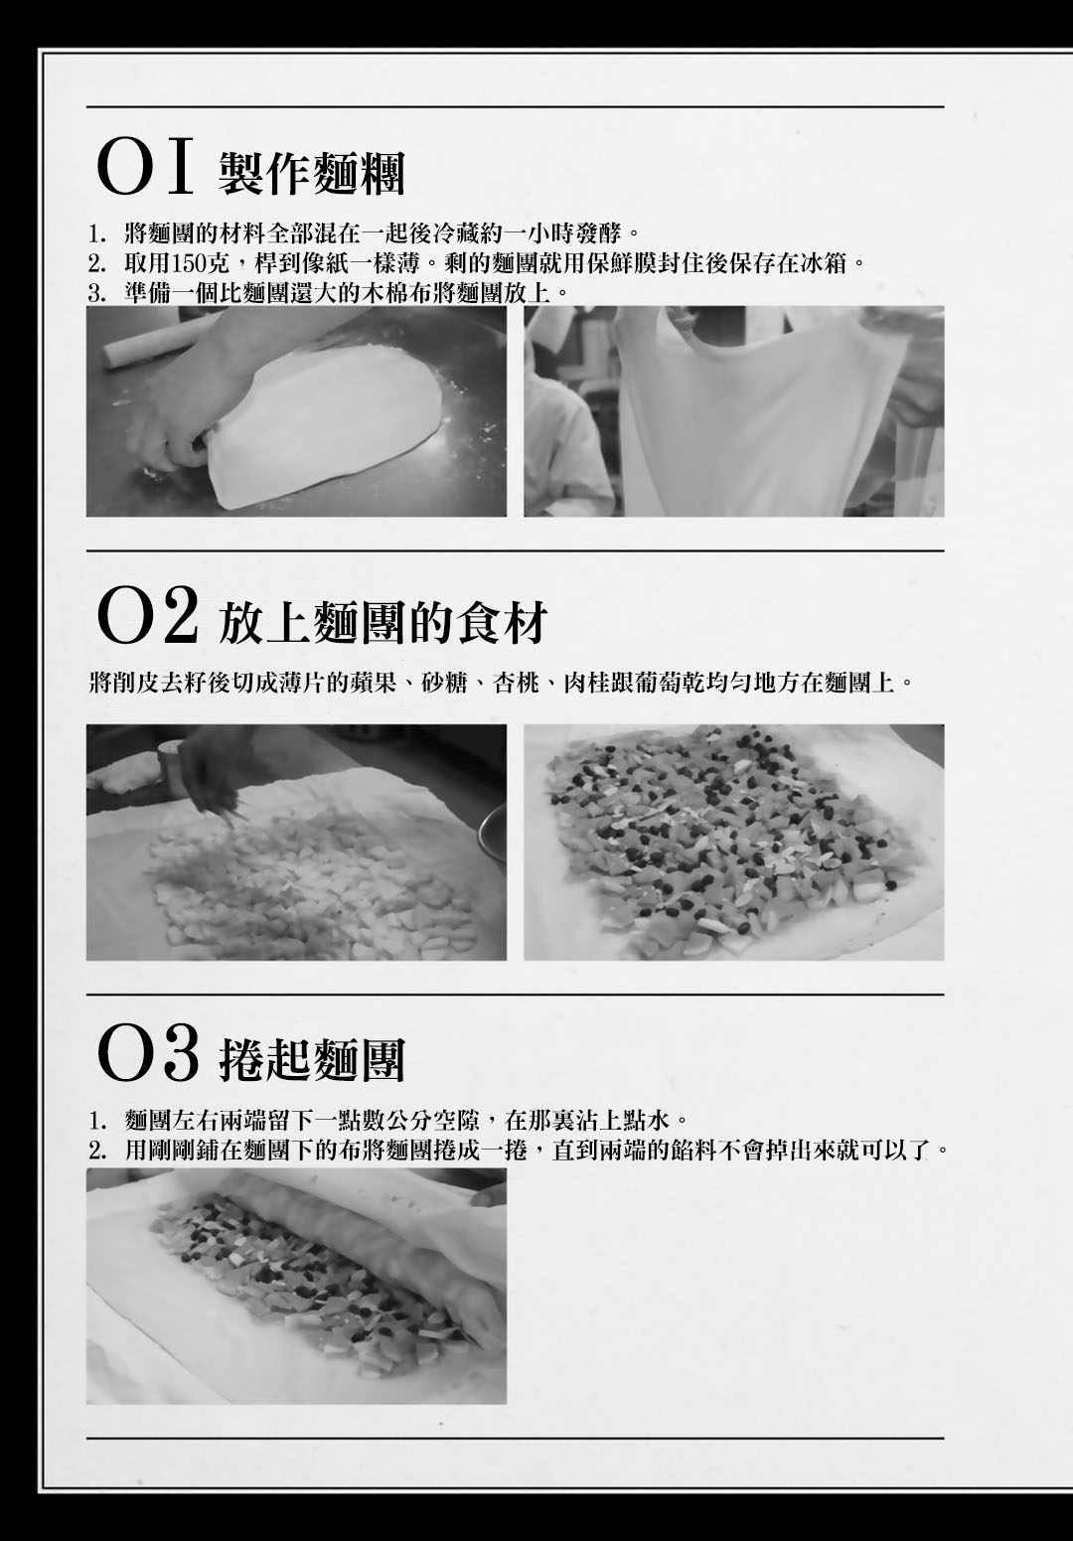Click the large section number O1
point(145,168)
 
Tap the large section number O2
point(147,616)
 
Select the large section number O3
point(147,1057)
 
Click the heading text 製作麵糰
point(311,173)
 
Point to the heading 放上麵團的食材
point(383,623)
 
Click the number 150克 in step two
point(202,263)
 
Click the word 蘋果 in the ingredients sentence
point(375,684)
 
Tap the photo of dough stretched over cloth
point(734,410)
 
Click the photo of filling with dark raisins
point(734,843)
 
